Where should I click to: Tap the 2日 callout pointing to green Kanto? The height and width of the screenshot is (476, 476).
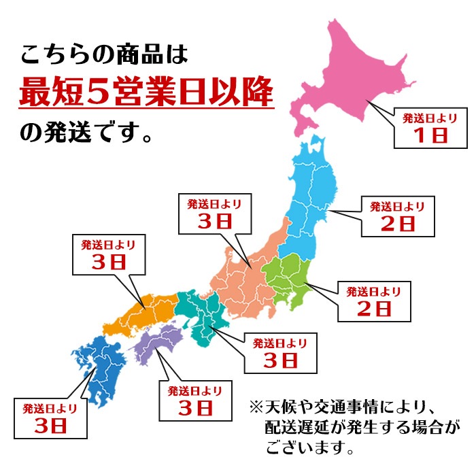pyautogui.click(x=374, y=300)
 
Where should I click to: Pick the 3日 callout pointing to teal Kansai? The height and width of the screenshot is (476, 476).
pyautogui.click(x=279, y=352)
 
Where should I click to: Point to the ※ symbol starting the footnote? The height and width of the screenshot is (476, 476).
pyautogui.click(x=256, y=409)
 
